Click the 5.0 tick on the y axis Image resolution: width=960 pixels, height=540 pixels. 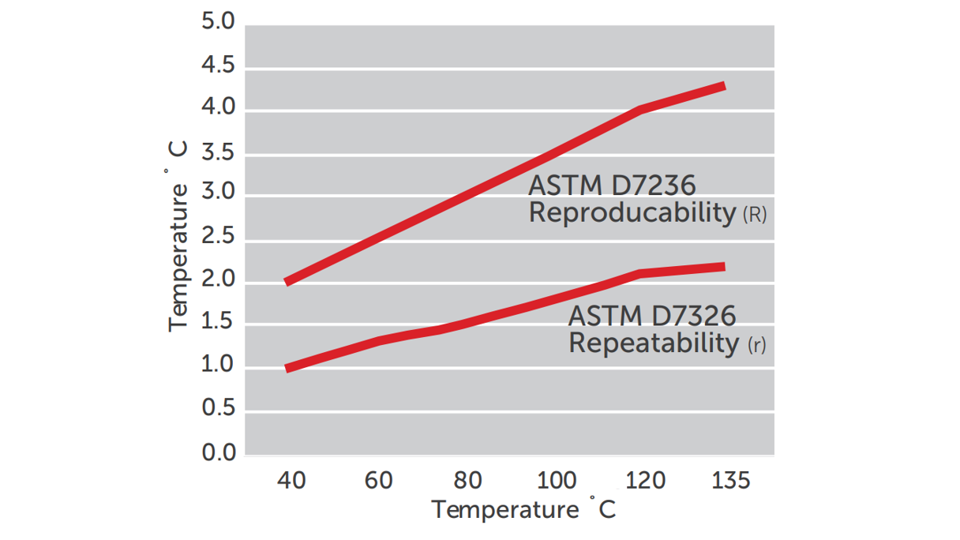click(x=218, y=21)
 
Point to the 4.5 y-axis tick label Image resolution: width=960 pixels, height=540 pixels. click(x=218, y=65)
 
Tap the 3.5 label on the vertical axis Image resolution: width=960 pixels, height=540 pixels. click(x=218, y=152)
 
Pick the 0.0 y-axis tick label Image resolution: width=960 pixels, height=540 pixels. click(x=218, y=453)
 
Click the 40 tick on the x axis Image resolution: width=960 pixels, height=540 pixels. click(x=291, y=480)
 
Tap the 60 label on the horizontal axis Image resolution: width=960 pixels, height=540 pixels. click(x=379, y=480)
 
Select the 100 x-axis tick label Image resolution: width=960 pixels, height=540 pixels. click(x=556, y=480)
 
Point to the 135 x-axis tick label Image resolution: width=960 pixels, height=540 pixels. click(x=730, y=480)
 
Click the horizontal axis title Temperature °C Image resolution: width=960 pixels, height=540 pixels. click(x=523, y=509)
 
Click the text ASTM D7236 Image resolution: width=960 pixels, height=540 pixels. click(x=612, y=186)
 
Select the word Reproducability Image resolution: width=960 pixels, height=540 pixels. click(x=632, y=212)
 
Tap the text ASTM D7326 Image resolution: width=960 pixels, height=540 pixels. click(x=652, y=317)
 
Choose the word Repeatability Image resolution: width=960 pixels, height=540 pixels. click(x=654, y=343)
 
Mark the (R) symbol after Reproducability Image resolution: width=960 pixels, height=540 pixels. click(x=755, y=215)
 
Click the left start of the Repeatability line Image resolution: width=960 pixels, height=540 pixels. click(x=287, y=368)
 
